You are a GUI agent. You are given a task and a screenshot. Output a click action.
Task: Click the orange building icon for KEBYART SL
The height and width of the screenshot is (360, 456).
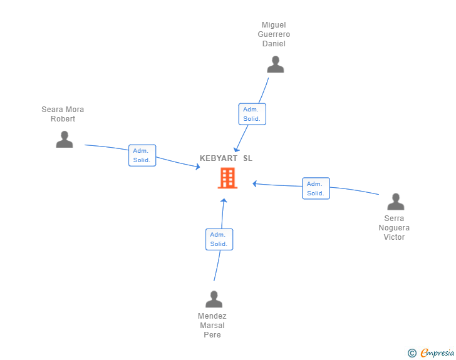[227, 178]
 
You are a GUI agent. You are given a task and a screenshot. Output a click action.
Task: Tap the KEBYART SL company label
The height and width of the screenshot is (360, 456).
[226, 158]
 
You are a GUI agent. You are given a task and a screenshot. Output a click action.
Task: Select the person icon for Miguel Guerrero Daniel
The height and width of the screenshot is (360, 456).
[276, 64]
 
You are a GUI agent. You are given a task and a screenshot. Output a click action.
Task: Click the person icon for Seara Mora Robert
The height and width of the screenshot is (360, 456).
[65, 139]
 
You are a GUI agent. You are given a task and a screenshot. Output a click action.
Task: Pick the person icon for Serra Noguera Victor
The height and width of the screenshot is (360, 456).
[395, 202]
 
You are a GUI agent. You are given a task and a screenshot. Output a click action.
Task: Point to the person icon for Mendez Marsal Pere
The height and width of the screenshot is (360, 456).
[214, 299]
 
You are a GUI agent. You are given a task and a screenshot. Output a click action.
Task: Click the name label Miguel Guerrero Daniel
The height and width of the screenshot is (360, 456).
[274, 35]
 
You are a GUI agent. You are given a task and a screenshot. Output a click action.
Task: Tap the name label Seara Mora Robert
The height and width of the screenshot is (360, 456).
[63, 115]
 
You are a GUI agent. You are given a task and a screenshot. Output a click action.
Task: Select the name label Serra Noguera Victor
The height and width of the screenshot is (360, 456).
[394, 228]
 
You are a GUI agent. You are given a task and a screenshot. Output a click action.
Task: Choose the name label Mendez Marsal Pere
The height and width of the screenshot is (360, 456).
[212, 326]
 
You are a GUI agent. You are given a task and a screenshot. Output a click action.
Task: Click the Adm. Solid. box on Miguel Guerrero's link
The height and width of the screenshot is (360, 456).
[252, 114]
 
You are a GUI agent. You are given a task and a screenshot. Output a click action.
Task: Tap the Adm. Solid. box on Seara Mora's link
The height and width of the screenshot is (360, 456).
[142, 155]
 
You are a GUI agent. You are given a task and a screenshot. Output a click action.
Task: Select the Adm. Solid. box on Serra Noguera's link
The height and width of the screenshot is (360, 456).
[316, 188]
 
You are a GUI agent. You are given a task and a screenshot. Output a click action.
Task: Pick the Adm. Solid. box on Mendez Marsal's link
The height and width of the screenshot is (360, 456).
[219, 239]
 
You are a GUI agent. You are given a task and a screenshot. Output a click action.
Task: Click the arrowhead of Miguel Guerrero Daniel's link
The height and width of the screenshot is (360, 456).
[236, 150]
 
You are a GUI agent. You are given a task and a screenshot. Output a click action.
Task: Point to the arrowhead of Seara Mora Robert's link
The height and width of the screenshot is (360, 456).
[197, 167]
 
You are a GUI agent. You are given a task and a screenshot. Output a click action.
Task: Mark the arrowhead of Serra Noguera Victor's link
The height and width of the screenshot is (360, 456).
[254, 183]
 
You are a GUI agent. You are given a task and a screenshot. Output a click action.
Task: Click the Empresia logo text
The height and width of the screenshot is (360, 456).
[437, 353]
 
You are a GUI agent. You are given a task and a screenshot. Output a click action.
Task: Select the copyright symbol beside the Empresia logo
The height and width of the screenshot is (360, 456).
[412, 353]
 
